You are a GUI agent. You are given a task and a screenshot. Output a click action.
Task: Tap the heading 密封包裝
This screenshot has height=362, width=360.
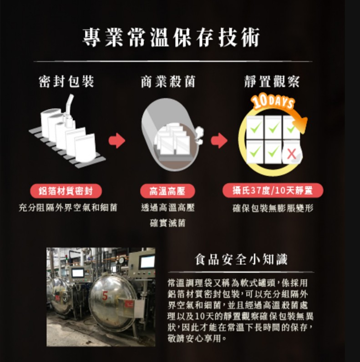point(66,82)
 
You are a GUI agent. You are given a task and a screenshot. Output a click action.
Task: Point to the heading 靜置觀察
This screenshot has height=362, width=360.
point(272,82)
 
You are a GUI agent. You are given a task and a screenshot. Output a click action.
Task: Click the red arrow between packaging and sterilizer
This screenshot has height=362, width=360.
point(117,141)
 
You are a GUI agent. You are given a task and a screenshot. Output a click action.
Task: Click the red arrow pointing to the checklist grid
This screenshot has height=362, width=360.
point(219,141)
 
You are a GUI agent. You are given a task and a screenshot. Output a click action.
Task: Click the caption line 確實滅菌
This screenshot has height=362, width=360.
point(167,223)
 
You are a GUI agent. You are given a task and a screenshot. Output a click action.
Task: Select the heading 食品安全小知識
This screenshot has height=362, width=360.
point(241,260)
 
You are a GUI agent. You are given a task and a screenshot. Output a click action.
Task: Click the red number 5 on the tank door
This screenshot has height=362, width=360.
point(105,297)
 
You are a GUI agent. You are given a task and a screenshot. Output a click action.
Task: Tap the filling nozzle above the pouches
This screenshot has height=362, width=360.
point(70,107)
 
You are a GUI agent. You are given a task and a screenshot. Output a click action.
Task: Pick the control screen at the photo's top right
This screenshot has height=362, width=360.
point(147,261)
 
